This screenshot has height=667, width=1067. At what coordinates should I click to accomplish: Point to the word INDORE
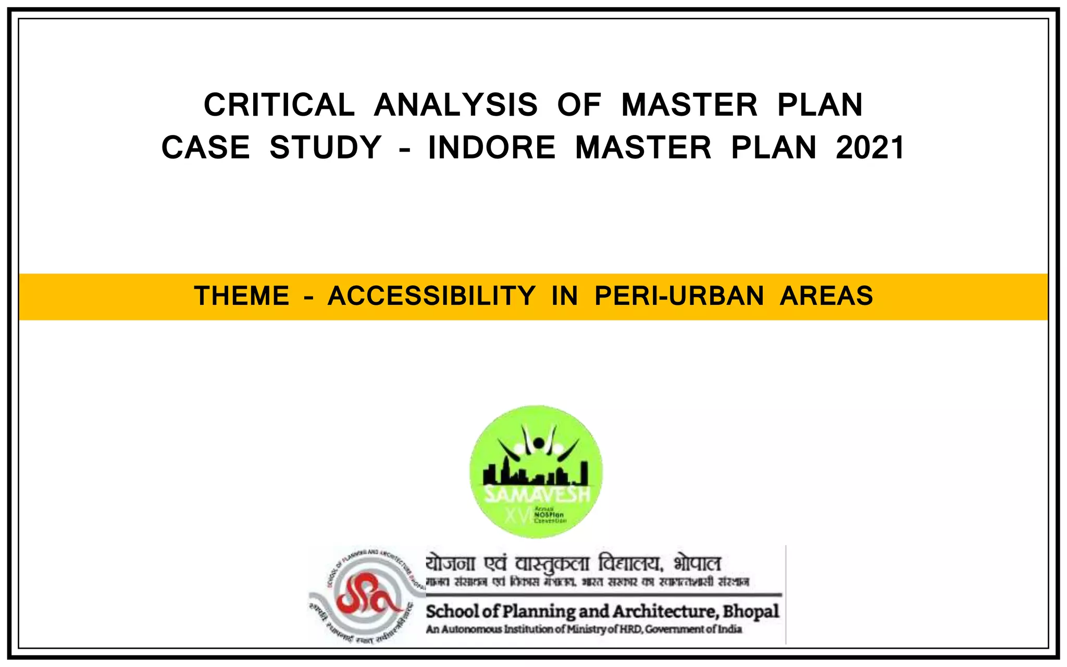pos(492,147)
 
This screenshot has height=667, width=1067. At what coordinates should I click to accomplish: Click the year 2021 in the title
pos(871,147)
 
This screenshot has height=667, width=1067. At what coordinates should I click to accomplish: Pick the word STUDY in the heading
pos(326,147)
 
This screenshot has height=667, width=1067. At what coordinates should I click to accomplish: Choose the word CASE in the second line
pos(206,147)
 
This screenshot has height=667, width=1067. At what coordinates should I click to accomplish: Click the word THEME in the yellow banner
pos(242,296)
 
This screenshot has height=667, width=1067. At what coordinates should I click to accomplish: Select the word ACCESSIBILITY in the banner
pos(431,296)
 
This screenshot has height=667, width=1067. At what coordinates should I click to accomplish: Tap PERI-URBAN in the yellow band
pos(679,296)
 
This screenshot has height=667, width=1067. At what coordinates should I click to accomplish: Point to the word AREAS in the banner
pos(826,296)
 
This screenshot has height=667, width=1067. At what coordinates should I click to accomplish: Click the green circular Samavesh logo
pos(536,472)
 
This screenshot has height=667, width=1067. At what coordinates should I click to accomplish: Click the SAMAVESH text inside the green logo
pos(537,495)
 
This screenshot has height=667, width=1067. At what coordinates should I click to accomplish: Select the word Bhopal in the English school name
pos(751,611)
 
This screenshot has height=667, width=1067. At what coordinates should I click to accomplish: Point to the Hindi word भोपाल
pos(697,564)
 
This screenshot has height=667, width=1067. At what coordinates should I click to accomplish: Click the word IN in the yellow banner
pos(565,296)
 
